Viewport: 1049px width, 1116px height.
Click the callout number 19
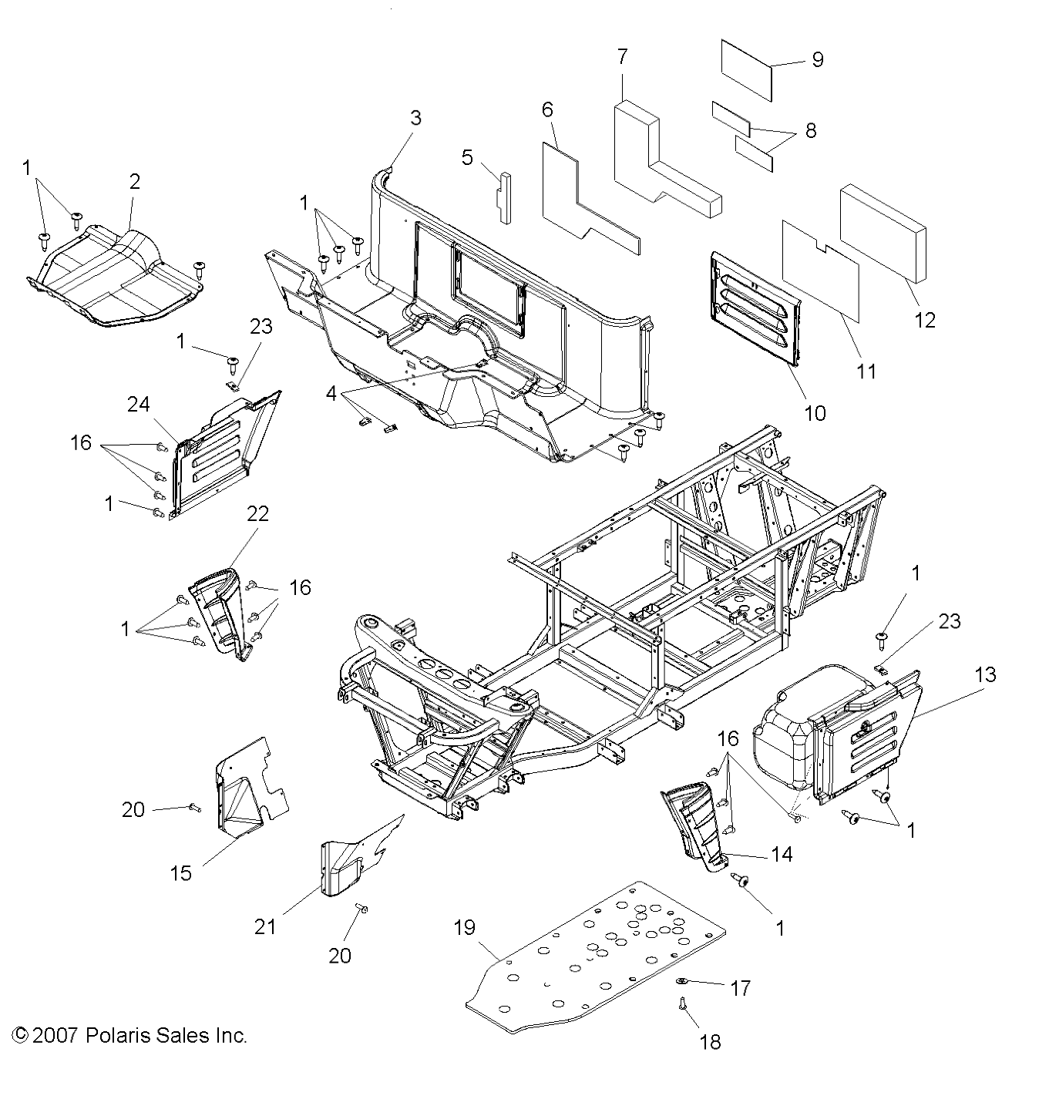(465, 927)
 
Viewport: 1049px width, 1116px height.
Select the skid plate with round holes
(601, 956)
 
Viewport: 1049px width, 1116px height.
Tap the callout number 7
(622, 57)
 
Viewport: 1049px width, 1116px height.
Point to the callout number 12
(924, 319)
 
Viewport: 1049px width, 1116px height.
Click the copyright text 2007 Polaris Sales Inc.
(130, 1035)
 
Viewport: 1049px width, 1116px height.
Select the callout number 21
(265, 926)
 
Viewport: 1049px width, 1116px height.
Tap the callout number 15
(181, 873)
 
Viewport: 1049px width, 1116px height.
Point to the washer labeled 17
(684, 981)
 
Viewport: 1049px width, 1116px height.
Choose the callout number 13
(985, 674)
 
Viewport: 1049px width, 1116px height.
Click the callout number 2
(135, 182)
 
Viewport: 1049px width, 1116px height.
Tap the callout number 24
(139, 404)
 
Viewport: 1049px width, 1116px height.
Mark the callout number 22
(257, 513)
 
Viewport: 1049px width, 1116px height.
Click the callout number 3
(415, 118)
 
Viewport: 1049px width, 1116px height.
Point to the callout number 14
(782, 854)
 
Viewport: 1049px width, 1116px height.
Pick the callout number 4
(331, 394)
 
